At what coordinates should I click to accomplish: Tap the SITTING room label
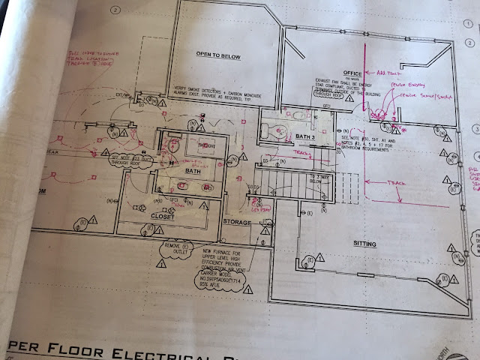[366, 244]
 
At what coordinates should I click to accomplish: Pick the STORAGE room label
[238, 223]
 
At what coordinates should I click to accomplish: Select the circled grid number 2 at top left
[115, 11]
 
